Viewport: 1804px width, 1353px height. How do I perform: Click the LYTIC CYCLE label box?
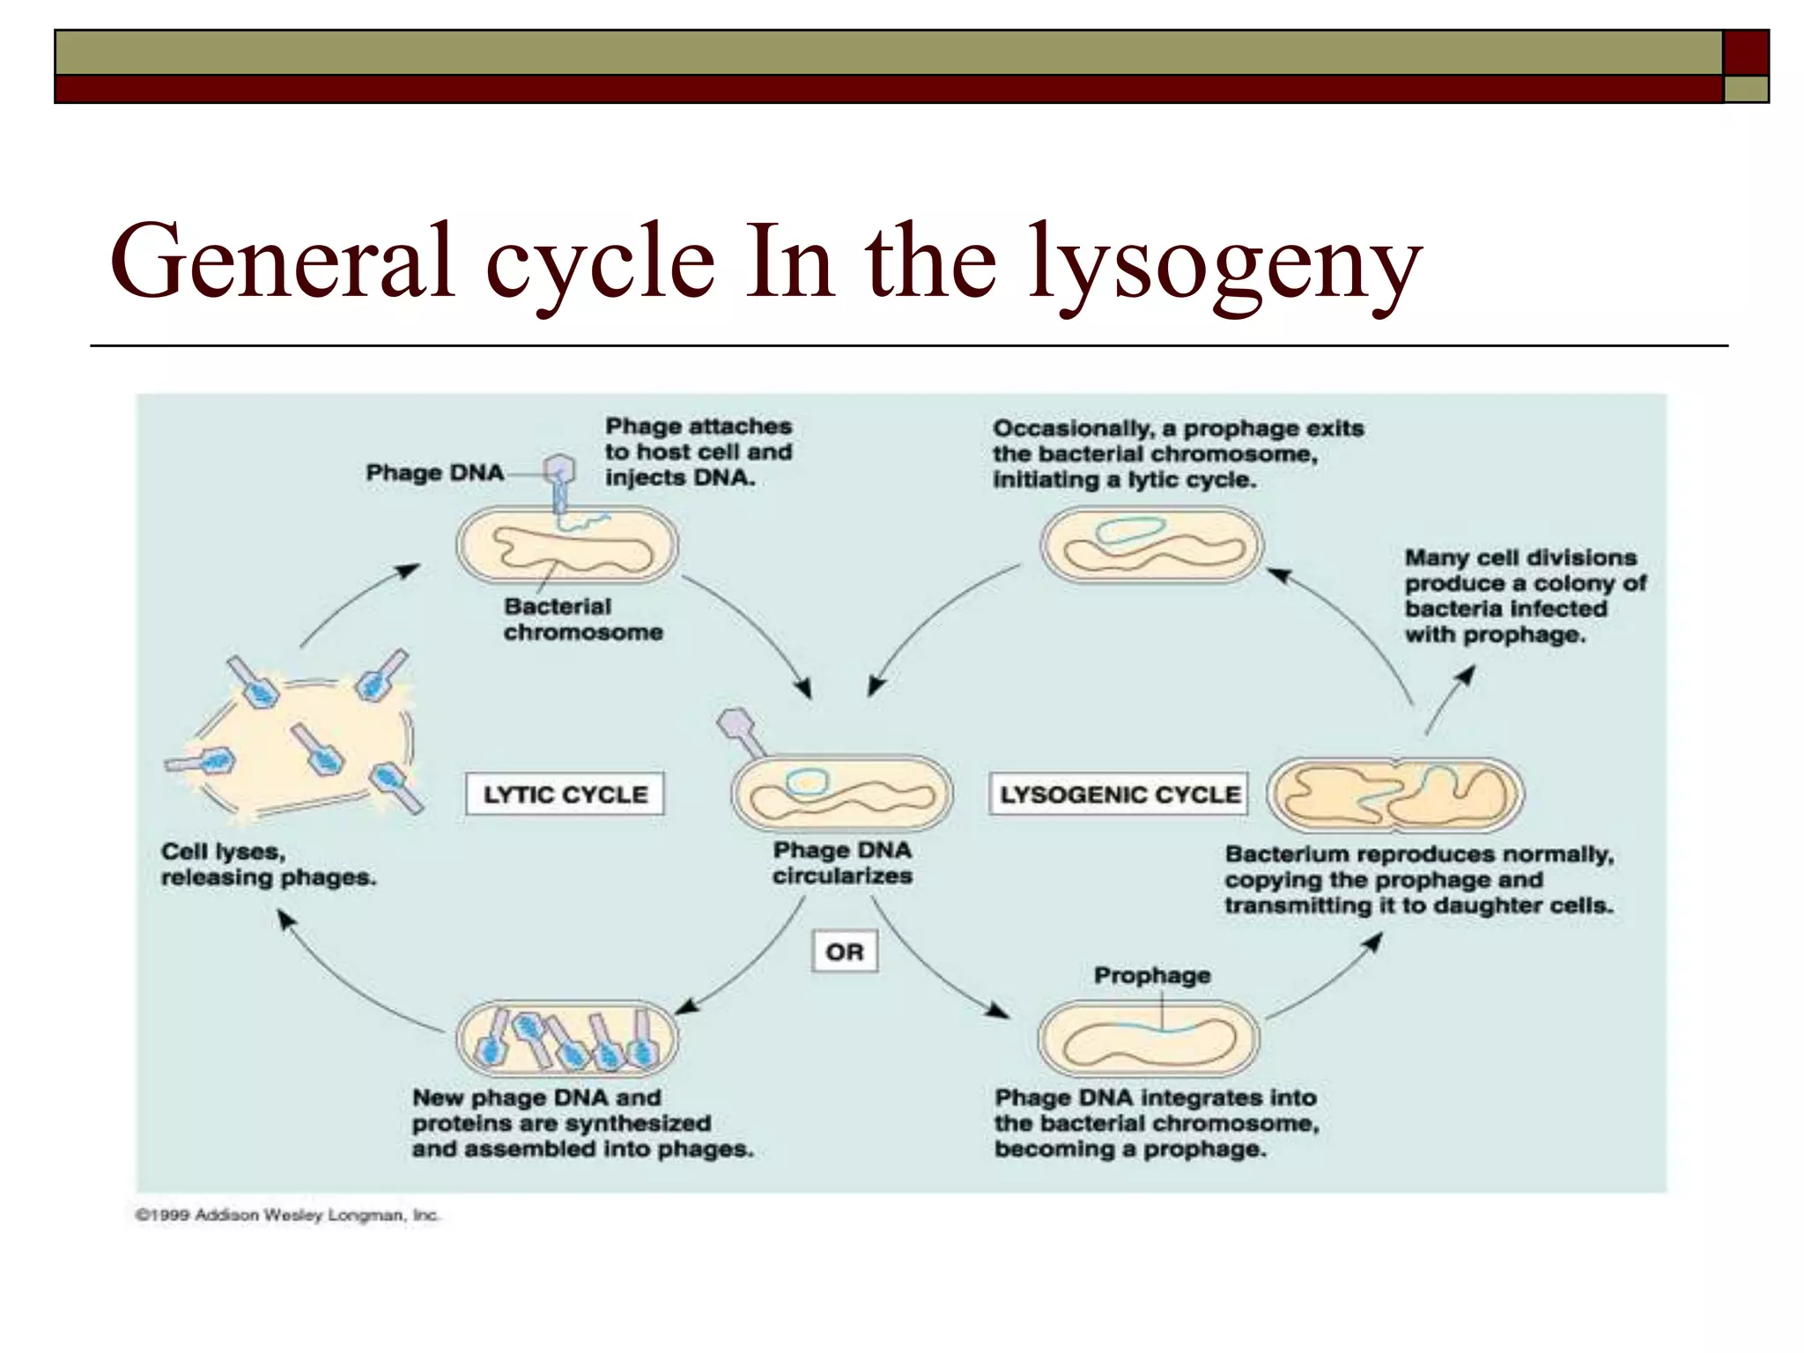[x=565, y=794]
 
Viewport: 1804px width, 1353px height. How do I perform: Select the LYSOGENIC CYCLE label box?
[x=1119, y=794]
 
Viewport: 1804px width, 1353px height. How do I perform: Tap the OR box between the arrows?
[x=844, y=951]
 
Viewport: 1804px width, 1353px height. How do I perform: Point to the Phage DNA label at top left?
[x=434, y=473]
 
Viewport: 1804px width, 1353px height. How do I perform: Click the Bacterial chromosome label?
[x=582, y=619]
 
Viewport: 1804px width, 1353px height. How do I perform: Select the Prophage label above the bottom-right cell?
[x=1151, y=975]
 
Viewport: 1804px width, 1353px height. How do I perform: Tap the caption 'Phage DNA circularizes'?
[x=842, y=863]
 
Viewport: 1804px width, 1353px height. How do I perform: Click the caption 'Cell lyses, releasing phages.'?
[x=268, y=864]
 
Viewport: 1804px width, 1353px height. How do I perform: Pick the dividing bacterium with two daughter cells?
[x=1395, y=795]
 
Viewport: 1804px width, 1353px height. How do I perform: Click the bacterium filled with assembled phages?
[x=567, y=1039]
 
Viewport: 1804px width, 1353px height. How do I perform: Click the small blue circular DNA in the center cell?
[x=807, y=781]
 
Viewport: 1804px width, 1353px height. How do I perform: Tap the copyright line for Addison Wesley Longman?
[x=287, y=1216]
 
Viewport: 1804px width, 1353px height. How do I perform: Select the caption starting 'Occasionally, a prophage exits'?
[x=1177, y=454]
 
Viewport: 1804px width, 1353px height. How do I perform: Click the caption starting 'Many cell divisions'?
[x=1524, y=595]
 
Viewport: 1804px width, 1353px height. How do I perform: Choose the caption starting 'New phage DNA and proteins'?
[x=581, y=1123]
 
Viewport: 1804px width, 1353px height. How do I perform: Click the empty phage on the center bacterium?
[x=740, y=731]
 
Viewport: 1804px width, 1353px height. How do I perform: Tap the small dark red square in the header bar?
[x=1746, y=53]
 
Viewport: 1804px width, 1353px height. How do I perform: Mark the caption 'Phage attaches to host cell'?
[x=698, y=452]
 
